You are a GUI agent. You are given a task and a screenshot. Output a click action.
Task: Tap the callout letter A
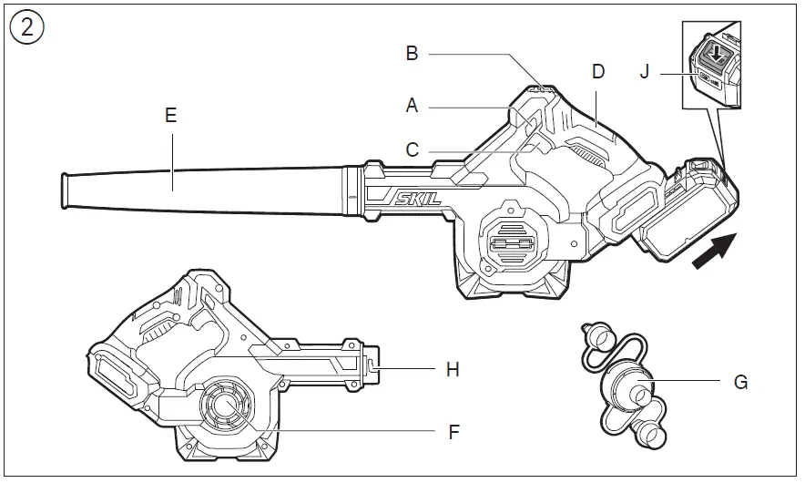pyautogui.click(x=412, y=106)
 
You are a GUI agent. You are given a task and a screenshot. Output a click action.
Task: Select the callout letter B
pyautogui.click(x=412, y=54)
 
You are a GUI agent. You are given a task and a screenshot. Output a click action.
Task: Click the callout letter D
pyautogui.click(x=597, y=72)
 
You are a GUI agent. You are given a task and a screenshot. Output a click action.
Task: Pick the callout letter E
pyautogui.click(x=170, y=115)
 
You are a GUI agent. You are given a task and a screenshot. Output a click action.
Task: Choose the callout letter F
pyautogui.click(x=453, y=432)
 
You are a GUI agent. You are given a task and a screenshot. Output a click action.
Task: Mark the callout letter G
pyautogui.click(x=740, y=383)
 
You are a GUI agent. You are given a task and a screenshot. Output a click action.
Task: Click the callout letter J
pyautogui.click(x=644, y=70)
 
